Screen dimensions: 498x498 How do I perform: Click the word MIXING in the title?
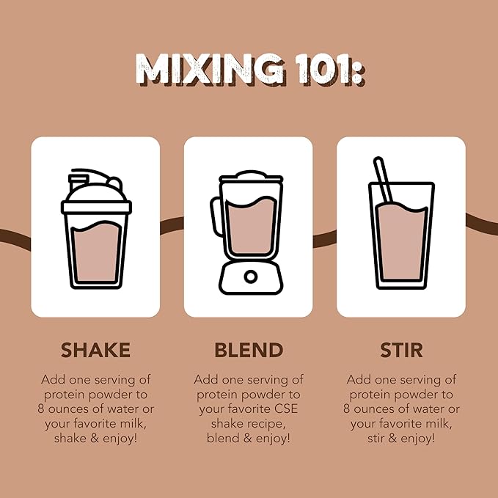[210, 70]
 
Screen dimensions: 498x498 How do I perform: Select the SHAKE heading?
[95, 350]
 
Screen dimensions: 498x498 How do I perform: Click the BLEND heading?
[249, 350]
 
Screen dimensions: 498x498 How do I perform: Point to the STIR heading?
[401, 350]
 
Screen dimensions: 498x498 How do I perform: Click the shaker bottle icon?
[96, 229]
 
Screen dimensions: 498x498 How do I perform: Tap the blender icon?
[247, 232]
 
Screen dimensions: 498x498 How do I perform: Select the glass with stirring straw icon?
[401, 223]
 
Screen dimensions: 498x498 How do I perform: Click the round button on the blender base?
[251, 277]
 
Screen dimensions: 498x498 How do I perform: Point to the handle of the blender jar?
[216, 216]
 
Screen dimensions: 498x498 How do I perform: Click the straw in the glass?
[384, 180]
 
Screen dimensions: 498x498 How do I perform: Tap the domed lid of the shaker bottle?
[96, 191]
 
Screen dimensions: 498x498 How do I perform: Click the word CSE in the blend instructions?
[288, 409]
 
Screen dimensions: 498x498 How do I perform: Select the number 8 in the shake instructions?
[40, 409]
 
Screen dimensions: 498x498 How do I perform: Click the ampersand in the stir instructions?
[392, 439]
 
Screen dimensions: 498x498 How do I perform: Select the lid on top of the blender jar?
[251, 177]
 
